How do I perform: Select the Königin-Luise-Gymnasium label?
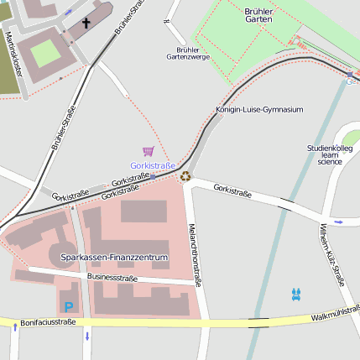259,110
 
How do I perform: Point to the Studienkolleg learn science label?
329,154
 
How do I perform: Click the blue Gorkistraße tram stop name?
153,166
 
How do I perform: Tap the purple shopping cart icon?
149,151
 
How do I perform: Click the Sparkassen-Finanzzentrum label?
115,257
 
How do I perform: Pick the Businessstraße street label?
112,277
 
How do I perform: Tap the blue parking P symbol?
69,307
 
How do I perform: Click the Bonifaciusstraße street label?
49,322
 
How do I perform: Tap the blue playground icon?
295,294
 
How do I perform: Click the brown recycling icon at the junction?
185,176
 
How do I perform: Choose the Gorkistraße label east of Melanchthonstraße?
232,191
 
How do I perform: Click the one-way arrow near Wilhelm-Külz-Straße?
338,222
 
